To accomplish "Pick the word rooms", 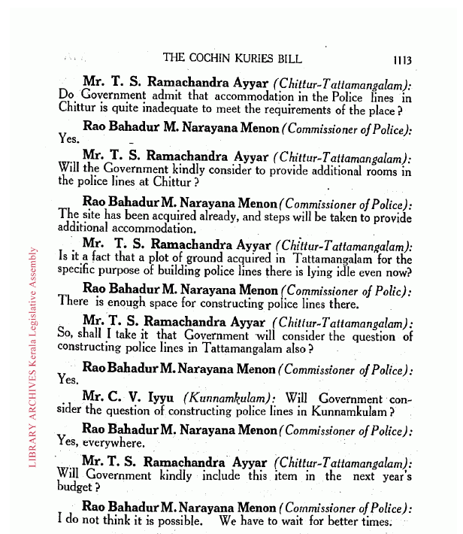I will click(x=379, y=170).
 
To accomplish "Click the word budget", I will click(x=76, y=488).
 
